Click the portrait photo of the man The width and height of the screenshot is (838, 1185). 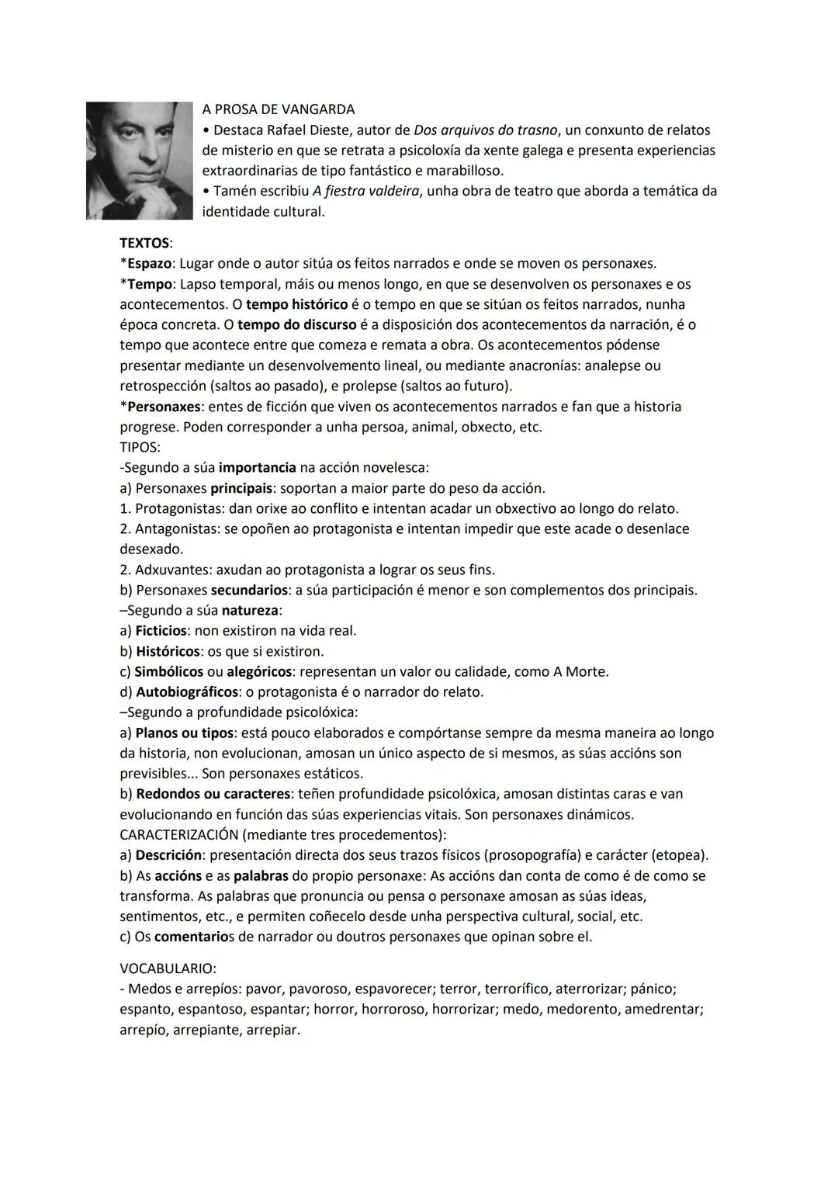pos(139,161)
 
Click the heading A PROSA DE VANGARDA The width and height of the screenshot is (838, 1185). pos(278,109)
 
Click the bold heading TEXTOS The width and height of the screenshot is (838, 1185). pos(145,244)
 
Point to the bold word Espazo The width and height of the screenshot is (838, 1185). pos(149,264)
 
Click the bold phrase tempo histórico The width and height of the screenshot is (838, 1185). pos(296,304)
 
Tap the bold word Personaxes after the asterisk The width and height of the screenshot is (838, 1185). pos(164,407)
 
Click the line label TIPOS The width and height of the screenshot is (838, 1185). pos(140,448)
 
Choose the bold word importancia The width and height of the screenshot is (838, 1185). pos(257,468)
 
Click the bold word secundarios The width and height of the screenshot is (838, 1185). pos(249,591)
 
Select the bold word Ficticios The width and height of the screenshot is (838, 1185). pos(161,631)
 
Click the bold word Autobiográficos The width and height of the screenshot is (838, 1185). pos(186,692)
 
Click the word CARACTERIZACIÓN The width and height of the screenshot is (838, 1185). pos(178,835)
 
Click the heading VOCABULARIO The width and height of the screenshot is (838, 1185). pos(168,969)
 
